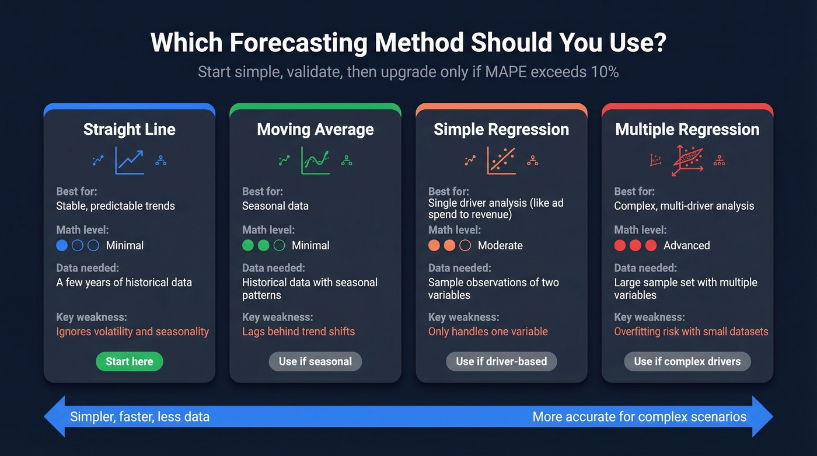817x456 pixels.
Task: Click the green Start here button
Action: click(129, 361)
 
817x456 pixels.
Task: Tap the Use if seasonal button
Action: click(315, 361)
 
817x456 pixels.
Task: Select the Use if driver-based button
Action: click(501, 361)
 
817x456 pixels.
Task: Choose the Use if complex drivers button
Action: click(687, 361)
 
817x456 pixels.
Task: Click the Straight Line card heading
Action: click(129, 129)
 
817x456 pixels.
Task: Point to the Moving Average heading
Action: click(315, 129)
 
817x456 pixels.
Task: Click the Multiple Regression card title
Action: click(687, 129)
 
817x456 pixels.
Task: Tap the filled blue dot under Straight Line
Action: click(62, 245)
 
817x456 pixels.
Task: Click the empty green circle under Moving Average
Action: click(280, 245)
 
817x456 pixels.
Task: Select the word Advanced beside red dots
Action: click(686, 245)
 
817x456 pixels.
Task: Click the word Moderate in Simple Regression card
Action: click(500, 245)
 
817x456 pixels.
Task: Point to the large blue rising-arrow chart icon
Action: click(130, 160)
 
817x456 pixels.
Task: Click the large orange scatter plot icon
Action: click(501, 160)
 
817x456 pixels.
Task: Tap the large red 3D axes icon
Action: click(687, 160)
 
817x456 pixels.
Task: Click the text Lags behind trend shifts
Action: click(298, 332)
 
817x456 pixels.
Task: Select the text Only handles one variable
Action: click(488, 332)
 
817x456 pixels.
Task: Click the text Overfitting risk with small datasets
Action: click(691, 332)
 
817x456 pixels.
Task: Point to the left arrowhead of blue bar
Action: click(54, 417)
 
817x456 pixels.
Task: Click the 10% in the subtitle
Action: click(605, 72)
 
